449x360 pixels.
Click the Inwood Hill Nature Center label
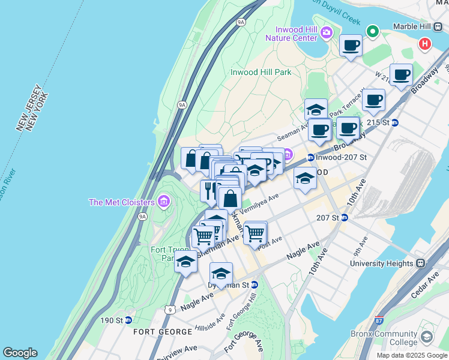coord(296,34)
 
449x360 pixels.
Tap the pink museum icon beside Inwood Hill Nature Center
coord(326,32)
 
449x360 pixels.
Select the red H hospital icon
coord(425,44)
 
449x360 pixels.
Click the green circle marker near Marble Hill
coord(373,31)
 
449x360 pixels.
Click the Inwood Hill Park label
coord(261,72)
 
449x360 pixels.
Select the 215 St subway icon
coord(394,122)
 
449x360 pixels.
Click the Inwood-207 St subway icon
coord(310,158)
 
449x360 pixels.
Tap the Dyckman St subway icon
coord(254,284)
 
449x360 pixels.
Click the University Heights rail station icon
coord(420,263)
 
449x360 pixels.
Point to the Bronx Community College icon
coord(427,338)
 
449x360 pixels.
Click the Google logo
coord(20,353)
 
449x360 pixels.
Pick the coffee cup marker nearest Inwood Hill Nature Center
coord(351,45)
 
